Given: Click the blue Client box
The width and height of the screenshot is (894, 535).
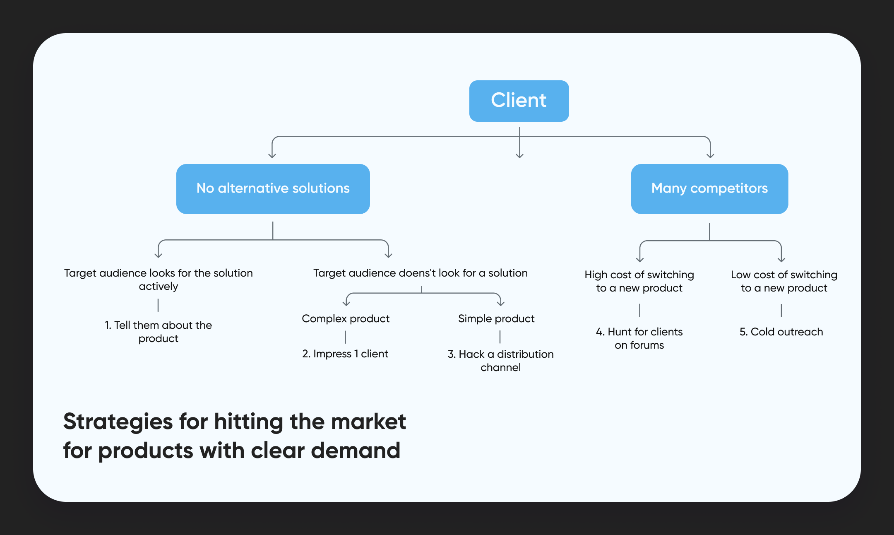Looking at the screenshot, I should pyautogui.click(x=519, y=101).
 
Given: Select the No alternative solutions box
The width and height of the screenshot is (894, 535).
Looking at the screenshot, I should pyautogui.click(x=273, y=189).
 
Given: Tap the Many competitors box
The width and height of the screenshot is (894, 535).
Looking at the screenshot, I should pyautogui.click(x=709, y=189).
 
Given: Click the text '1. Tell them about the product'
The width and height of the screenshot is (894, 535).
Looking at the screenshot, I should pyautogui.click(x=158, y=332).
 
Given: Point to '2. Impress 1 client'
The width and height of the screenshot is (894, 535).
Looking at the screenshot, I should pyautogui.click(x=345, y=354).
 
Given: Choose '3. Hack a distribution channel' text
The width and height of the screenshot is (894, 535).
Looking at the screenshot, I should pyautogui.click(x=500, y=360).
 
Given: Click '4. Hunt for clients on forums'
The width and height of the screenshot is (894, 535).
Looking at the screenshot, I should pyautogui.click(x=639, y=338).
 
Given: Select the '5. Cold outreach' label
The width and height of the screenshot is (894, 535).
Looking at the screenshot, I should pyautogui.click(x=781, y=332).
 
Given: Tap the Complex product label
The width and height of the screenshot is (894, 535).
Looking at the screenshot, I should pyautogui.click(x=346, y=318).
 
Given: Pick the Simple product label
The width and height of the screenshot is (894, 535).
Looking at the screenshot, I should pyautogui.click(x=496, y=318).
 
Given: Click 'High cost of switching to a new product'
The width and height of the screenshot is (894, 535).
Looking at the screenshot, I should pyautogui.click(x=639, y=281).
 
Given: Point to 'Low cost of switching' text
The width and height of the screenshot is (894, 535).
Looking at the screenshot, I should pyautogui.click(x=784, y=275).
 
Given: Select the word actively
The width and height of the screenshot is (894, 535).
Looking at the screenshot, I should pyautogui.click(x=158, y=286).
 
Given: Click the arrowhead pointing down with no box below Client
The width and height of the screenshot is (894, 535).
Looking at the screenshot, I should pyautogui.click(x=519, y=155).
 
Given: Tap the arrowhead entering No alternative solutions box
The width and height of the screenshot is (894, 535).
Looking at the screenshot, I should pyautogui.click(x=272, y=155).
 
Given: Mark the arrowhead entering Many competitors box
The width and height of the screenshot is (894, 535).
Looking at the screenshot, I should pyautogui.click(x=710, y=155).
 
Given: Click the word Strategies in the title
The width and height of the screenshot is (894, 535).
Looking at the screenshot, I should pyautogui.click(x=118, y=422).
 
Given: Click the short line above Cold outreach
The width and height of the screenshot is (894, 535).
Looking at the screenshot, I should pyautogui.click(x=781, y=310).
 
